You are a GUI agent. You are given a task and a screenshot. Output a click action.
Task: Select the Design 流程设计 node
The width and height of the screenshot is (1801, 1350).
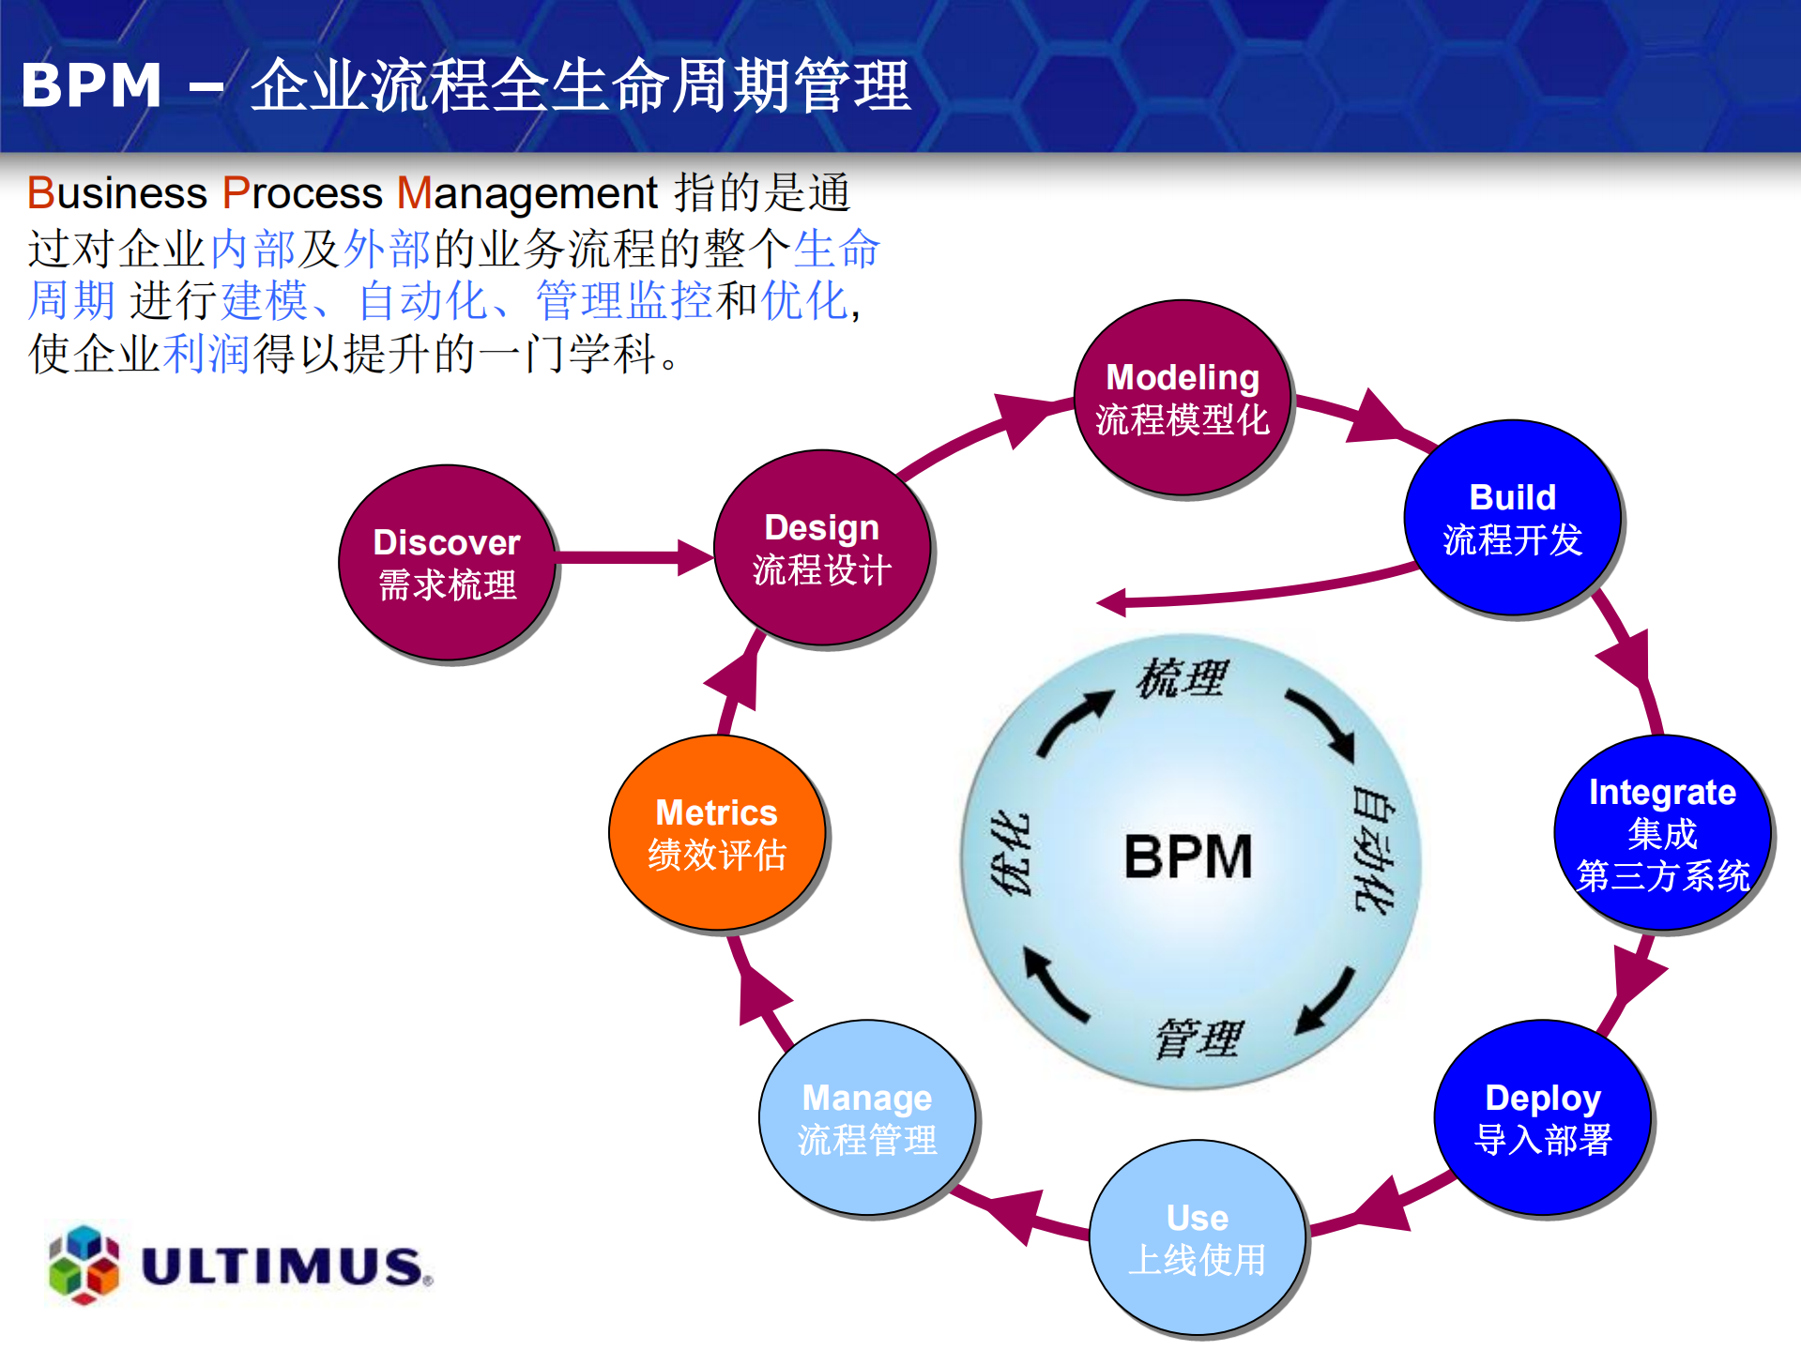point(821,549)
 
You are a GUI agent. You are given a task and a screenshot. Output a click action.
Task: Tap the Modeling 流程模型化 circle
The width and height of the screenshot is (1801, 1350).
point(1182,398)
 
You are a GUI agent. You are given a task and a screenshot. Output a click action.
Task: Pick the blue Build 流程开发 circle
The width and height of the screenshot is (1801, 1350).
point(1512,518)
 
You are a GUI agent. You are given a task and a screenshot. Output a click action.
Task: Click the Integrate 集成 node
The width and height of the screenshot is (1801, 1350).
point(1661,833)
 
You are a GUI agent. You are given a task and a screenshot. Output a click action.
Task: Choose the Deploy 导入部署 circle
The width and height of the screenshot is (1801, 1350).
point(1542,1117)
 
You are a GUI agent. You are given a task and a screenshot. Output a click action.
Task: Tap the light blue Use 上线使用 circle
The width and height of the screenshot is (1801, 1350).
point(1197,1238)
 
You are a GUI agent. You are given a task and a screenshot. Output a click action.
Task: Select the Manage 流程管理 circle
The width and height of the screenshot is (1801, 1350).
point(866,1118)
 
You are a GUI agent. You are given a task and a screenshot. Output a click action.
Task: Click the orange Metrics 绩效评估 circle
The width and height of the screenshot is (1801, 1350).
point(716,833)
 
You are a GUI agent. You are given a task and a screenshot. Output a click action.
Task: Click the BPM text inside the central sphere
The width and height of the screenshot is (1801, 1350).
point(1188,857)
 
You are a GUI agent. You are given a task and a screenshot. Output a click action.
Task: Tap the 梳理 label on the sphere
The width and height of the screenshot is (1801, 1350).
point(1182,678)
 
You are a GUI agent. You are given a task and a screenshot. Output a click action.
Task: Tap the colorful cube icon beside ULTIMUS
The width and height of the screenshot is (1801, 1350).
point(84,1265)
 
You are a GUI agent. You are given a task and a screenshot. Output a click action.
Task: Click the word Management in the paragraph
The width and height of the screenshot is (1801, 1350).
point(527,193)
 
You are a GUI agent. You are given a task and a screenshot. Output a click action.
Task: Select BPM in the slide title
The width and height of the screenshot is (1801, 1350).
point(91,85)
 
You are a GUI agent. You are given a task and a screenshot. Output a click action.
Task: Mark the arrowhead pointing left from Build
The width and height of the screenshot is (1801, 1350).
point(1111,602)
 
